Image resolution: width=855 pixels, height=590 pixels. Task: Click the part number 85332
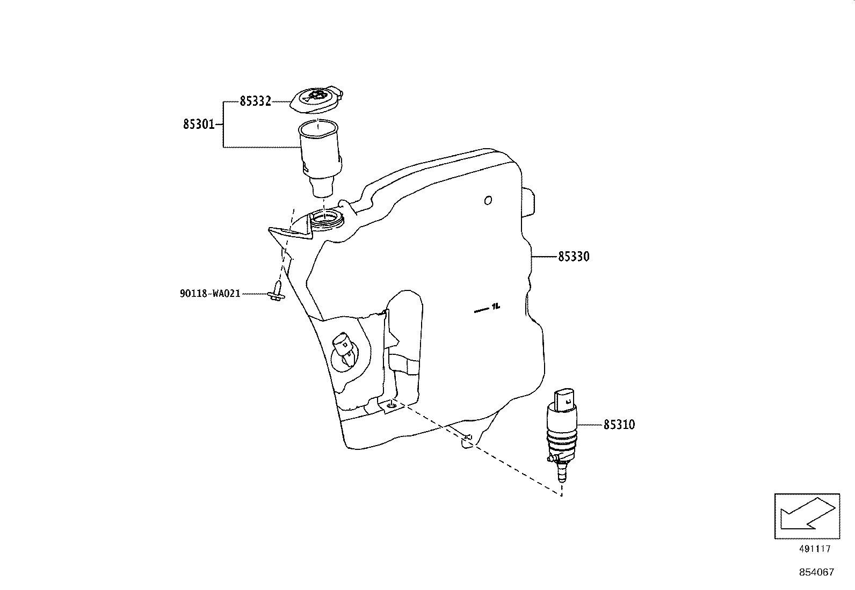[255, 101]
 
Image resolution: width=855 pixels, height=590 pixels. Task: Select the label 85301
[199, 125]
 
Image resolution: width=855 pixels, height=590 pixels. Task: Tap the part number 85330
[574, 257]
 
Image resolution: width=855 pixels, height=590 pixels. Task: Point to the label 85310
[619, 425]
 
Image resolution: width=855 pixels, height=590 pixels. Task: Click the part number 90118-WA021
[209, 294]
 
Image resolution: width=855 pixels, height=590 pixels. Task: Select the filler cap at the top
[316, 99]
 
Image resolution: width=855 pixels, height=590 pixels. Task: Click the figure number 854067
[816, 572]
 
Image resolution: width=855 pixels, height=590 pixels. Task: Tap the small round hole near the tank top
[488, 200]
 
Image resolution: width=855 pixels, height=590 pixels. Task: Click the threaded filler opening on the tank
[327, 218]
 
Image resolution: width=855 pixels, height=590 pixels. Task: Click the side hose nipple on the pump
[550, 458]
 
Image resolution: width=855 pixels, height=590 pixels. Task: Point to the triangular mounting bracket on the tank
[290, 234]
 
